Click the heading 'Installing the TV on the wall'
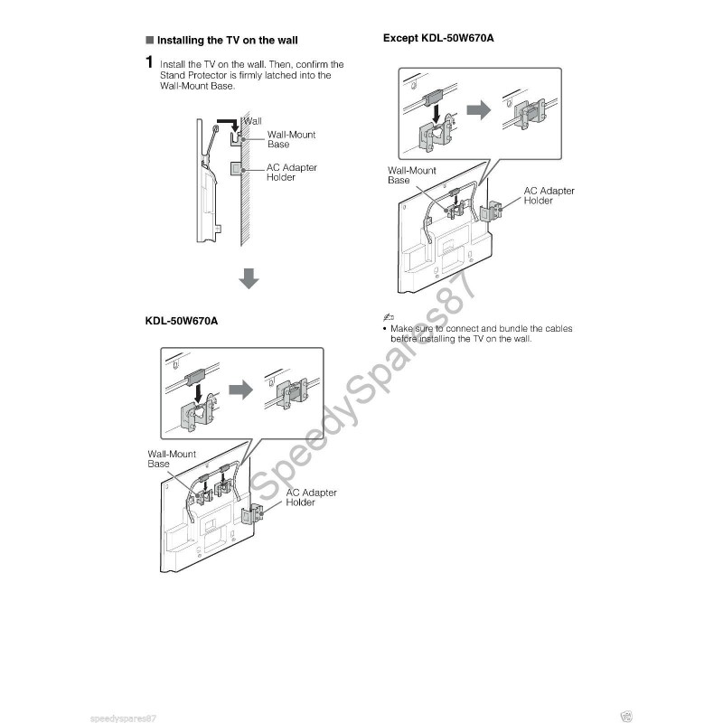(x=228, y=40)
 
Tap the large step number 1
(x=149, y=61)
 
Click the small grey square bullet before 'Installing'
(x=149, y=40)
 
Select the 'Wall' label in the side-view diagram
(x=253, y=121)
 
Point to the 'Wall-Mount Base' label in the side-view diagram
(x=291, y=139)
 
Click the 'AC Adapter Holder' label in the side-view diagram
(x=291, y=173)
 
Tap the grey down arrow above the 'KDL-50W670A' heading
(x=249, y=278)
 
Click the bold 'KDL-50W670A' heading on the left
(x=182, y=321)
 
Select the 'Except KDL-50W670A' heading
(x=438, y=38)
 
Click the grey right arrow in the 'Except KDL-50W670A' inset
(x=479, y=109)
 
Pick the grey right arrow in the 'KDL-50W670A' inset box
(x=240, y=390)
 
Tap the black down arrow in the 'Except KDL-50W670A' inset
(x=437, y=114)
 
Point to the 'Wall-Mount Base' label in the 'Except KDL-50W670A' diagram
(x=412, y=175)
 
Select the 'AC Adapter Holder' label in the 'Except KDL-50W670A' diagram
(x=549, y=195)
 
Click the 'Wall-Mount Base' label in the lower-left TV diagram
(x=172, y=459)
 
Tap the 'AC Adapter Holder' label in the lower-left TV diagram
(x=311, y=498)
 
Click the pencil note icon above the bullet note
(x=389, y=317)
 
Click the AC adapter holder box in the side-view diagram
(x=236, y=169)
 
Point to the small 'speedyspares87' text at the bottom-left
(x=123, y=718)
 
